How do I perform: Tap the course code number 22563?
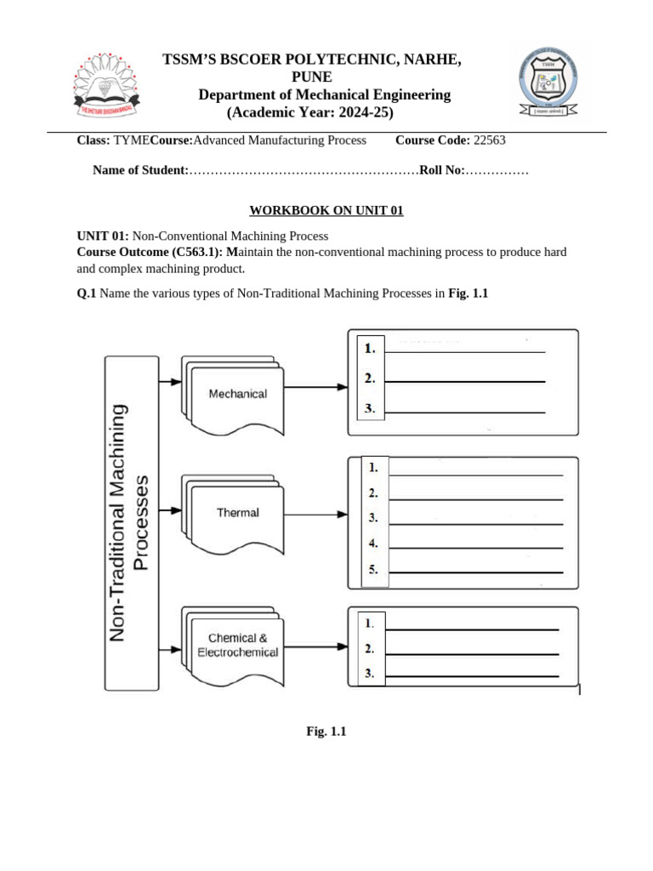tap(492, 140)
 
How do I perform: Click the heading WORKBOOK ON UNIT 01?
tap(326, 211)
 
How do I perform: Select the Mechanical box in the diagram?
tap(238, 394)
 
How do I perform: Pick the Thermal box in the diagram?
tap(238, 513)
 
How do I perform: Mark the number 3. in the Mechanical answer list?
tap(370, 408)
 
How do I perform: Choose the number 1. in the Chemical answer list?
tap(369, 623)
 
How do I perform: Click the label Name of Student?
tap(140, 171)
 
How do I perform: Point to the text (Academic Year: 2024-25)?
tap(310, 113)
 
